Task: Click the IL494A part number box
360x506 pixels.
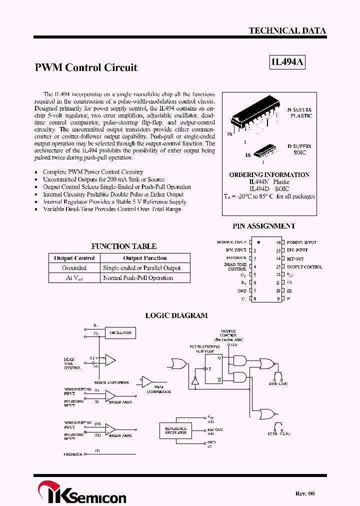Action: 287,63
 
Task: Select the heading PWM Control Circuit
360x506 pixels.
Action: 86,67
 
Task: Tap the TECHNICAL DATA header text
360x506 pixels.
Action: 287,30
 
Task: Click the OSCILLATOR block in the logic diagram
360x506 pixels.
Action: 120,332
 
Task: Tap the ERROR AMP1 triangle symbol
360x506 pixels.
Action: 110,396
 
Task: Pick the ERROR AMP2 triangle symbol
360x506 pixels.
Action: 110,429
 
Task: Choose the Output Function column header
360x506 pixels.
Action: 145,258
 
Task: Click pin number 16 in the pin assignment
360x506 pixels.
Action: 278,242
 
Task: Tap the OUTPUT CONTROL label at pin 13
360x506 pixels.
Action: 304,267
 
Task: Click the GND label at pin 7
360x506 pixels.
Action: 242,290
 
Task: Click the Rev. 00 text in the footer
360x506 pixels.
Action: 305,493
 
